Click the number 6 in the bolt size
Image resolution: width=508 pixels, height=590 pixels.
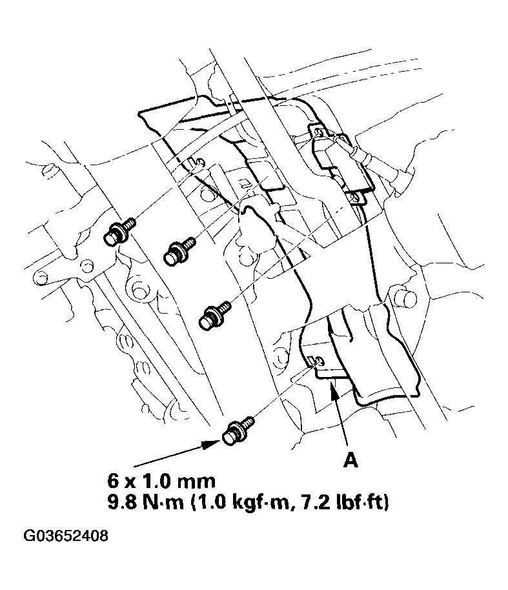coord(114,481)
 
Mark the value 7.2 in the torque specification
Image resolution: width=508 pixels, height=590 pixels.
coord(303,502)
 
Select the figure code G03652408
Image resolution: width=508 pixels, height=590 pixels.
coord(66,536)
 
